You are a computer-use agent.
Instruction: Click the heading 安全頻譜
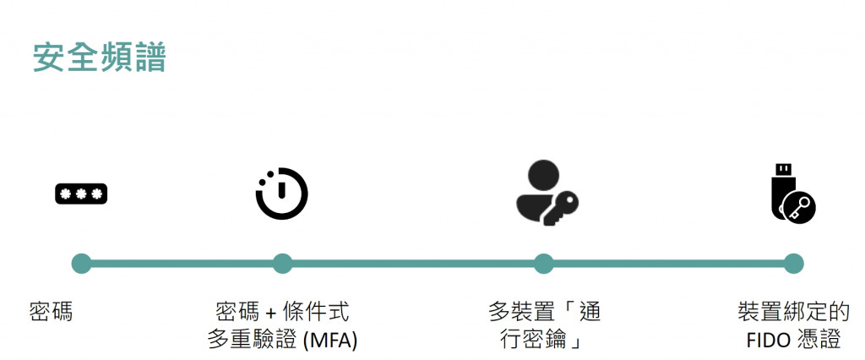[100, 58]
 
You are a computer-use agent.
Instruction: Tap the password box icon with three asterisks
[81, 194]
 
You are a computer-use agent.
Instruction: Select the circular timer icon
[281, 194]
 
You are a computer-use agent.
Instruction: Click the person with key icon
[546, 193]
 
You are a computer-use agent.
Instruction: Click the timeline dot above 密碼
[81, 264]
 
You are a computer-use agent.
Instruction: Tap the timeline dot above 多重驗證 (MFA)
[282, 264]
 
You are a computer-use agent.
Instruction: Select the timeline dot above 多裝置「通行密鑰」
[543, 264]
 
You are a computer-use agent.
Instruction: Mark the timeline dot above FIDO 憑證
[793, 264]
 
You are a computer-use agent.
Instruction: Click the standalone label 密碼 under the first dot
[52, 312]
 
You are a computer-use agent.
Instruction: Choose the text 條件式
[316, 312]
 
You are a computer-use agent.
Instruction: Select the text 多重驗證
[246, 341]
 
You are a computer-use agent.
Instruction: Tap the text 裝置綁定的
[793, 312]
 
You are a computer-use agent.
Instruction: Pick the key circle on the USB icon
[799, 207]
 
